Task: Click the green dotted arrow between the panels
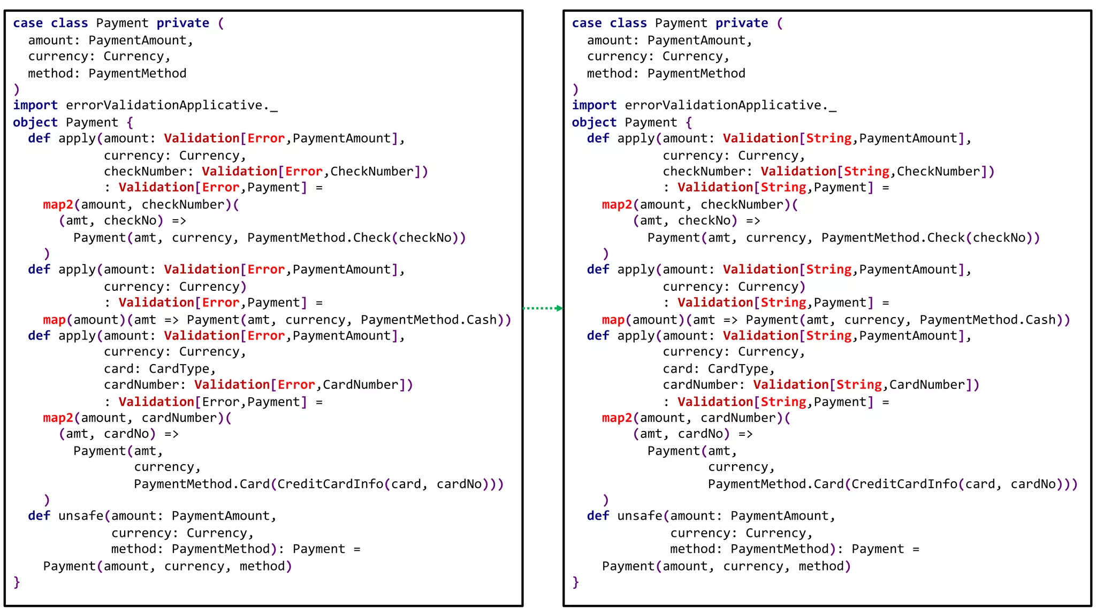(x=542, y=308)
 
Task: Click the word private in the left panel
(x=182, y=23)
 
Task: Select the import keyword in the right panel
(x=594, y=105)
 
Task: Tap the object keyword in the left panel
(x=35, y=122)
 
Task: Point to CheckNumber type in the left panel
(x=372, y=172)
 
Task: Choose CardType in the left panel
(x=179, y=369)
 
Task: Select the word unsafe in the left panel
(x=81, y=516)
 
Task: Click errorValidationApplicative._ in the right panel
(x=730, y=105)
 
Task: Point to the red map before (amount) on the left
(x=54, y=320)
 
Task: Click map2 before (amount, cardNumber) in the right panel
(x=616, y=418)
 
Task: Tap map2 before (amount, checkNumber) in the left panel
(x=58, y=205)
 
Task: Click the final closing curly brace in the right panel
(x=575, y=582)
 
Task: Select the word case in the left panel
(x=28, y=23)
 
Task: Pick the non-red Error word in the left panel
(x=217, y=402)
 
